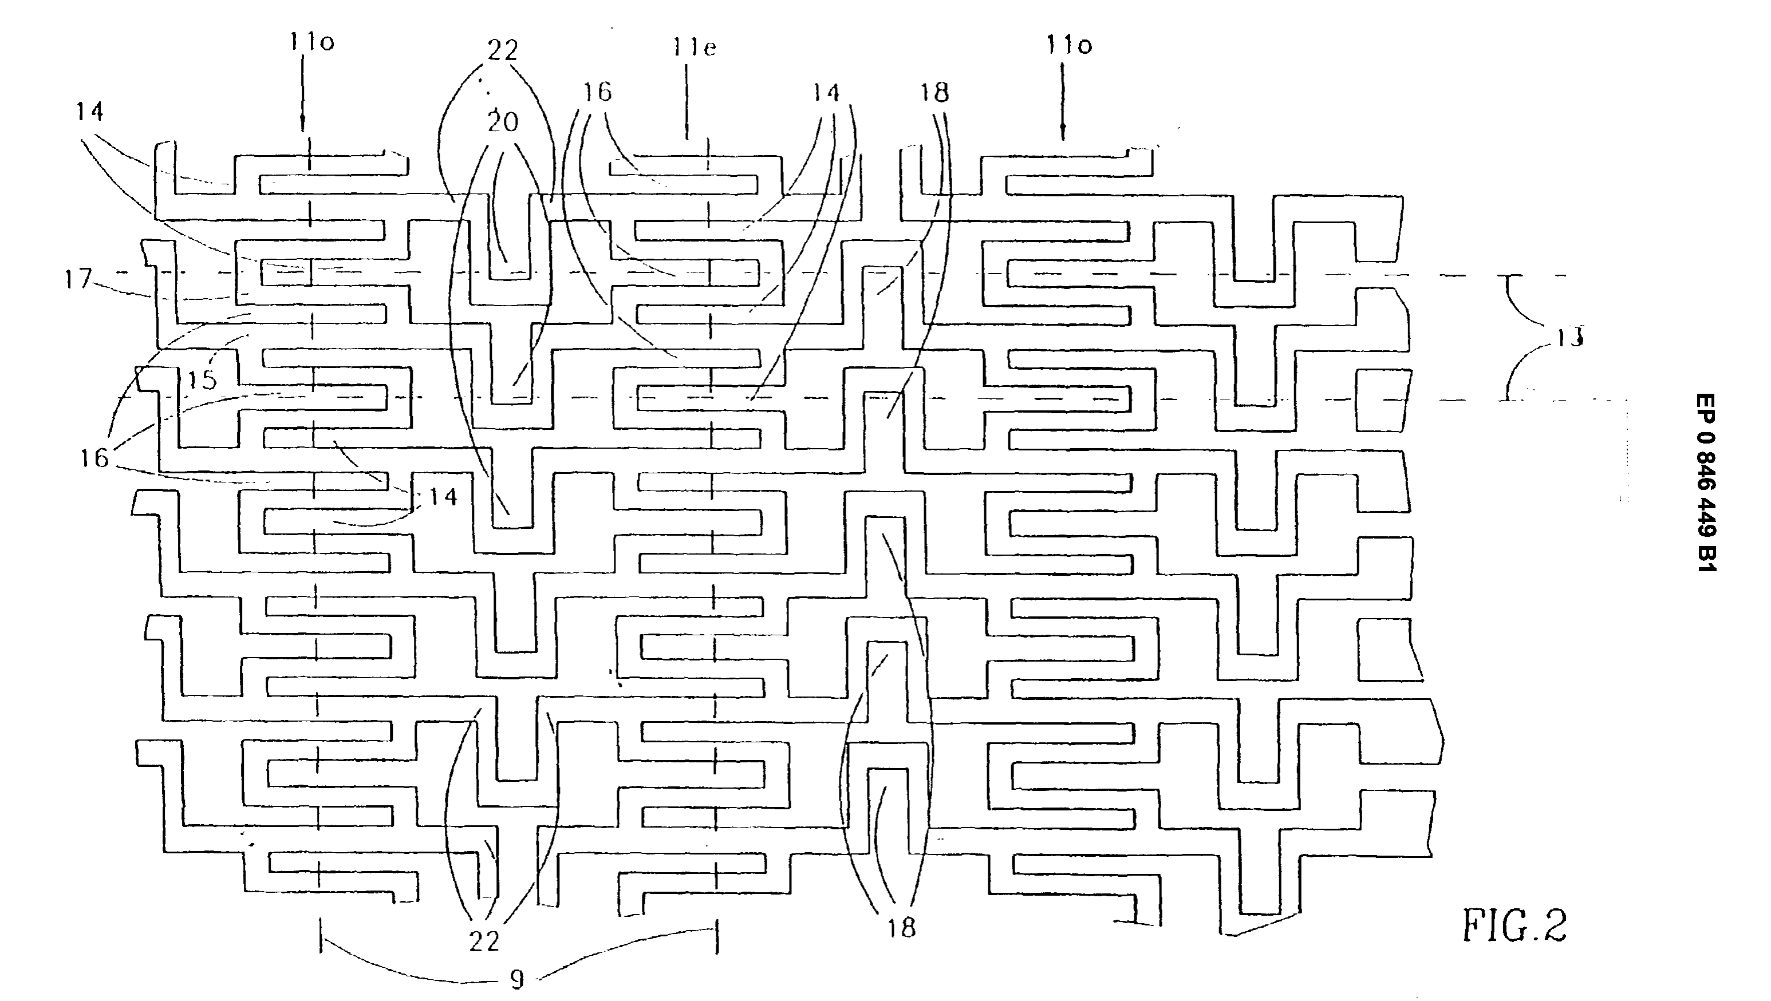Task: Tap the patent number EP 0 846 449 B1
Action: pos(1706,482)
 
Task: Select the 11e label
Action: pos(694,47)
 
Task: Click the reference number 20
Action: pos(502,122)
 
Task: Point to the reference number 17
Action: pos(78,279)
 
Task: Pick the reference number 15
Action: pos(202,379)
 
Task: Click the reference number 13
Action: pos(1569,337)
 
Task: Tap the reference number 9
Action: pos(517,980)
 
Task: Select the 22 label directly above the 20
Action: pos(502,49)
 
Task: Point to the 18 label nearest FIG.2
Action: pos(901,928)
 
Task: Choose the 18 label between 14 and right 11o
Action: pos(934,92)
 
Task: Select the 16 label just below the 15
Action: pos(94,458)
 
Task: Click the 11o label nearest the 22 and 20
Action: pos(311,42)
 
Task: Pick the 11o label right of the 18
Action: pos(1070,45)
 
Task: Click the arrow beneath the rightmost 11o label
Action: pos(1063,102)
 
